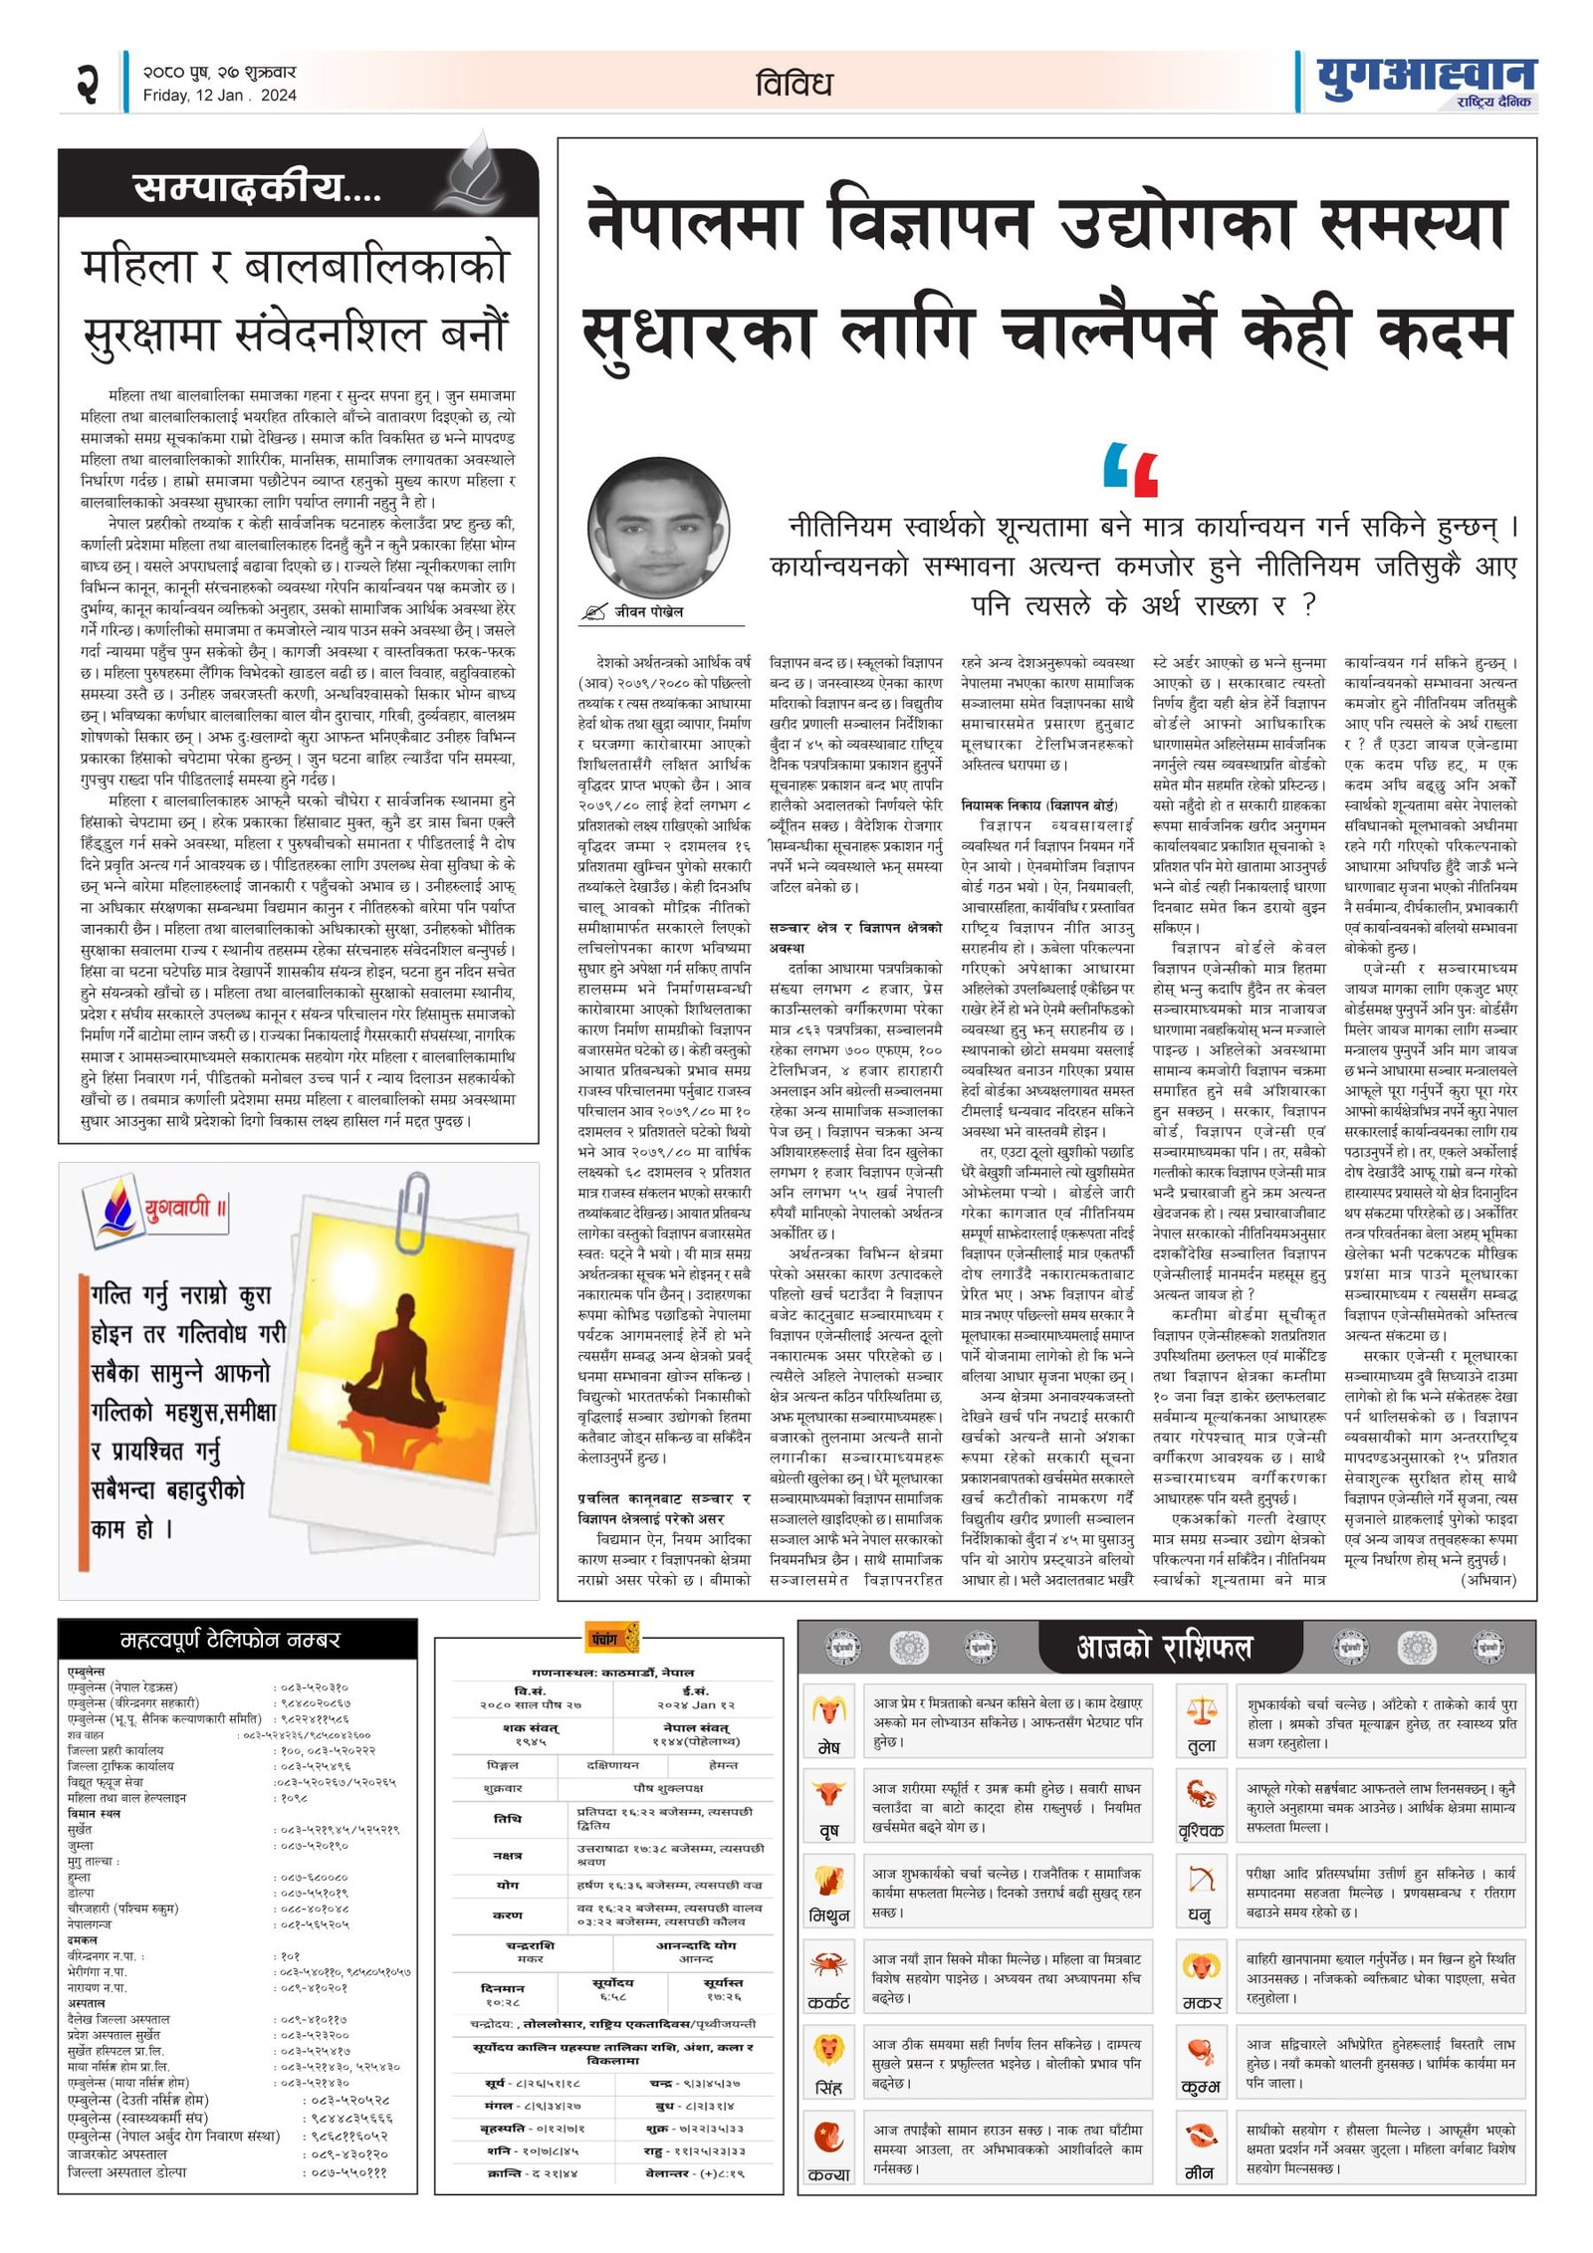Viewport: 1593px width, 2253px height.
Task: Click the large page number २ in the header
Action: coord(88,81)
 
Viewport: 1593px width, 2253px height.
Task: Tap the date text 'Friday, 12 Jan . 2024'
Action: coord(219,96)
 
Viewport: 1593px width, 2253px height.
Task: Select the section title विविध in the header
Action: coord(794,84)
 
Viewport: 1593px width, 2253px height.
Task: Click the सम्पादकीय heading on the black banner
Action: coord(256,187)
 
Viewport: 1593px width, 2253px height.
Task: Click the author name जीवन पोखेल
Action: coord(648,611)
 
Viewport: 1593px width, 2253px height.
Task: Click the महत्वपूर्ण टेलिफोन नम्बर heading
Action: coord(230,1640)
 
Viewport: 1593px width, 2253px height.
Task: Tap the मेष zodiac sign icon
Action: coord(828,1710)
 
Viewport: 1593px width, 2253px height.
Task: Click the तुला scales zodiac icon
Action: coord(1202,1710)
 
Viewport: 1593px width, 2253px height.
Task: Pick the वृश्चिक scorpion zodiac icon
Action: coord(1202,1793)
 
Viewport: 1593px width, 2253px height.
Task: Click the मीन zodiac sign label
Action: coord(1200,2172)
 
